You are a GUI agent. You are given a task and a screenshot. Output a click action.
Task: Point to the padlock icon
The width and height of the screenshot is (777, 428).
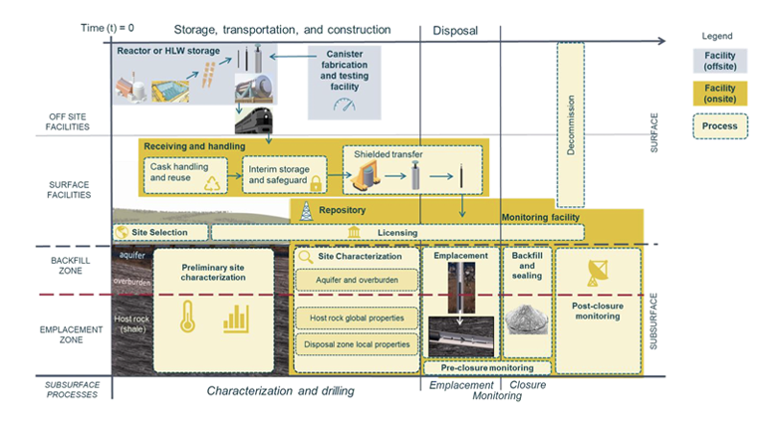(x=316, y=185)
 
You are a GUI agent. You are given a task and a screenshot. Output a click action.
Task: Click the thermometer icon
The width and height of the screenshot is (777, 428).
(x=186, y=319)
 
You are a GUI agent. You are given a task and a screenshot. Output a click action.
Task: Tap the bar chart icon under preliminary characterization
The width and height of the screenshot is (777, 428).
(x=236, y=319)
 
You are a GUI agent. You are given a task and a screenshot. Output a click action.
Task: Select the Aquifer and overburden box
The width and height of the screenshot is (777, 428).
(x=355, y=282)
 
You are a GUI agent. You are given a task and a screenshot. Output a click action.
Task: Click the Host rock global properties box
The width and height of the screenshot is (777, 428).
(x=355, y=319)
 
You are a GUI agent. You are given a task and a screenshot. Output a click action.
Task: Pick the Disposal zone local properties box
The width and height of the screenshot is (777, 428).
(x=355, y=345)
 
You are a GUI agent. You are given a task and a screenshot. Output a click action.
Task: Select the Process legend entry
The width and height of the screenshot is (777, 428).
(x=720, y=126)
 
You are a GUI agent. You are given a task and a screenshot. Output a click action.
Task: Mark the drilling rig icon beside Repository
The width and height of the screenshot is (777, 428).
(x=305, y=211)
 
